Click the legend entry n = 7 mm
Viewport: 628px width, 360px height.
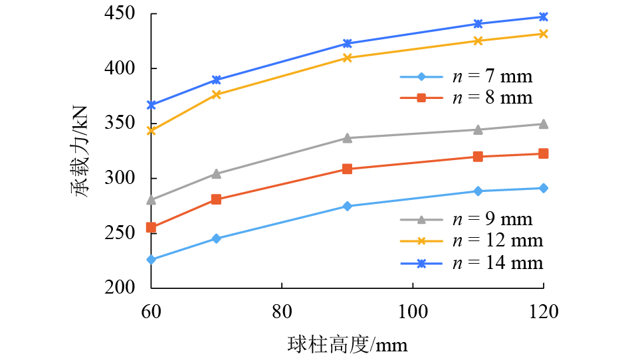tap(465, 76)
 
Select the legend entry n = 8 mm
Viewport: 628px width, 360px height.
tap(465, 98)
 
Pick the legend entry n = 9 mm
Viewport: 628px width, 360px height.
tap(465, 219)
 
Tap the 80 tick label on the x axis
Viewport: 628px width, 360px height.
tap(282, 310)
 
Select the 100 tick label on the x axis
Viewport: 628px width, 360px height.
tap(413, 310)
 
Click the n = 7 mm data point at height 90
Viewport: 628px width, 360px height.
tap(347, 206)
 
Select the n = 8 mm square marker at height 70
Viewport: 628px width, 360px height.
tap(216, 199)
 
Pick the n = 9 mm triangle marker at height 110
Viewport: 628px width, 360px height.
tap(478, 130)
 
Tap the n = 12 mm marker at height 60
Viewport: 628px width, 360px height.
tap(151, 130)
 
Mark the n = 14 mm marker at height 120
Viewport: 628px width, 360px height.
tap(544, 17)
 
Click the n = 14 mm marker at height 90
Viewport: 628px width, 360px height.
tap(347, 44)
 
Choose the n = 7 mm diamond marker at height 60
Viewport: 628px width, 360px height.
tap(151, 260)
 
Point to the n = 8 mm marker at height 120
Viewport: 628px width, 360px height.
tap(544, 153)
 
